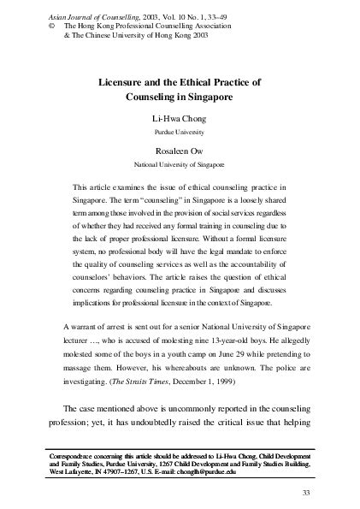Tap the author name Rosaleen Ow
pyautogui.click(x=180, y=149)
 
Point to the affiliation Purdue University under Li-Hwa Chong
pyautogui.click(x=180, y=135)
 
